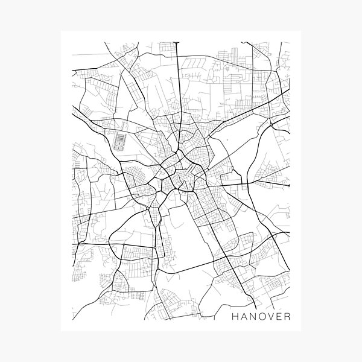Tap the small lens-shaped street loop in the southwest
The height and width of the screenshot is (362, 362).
(x=120, y=279)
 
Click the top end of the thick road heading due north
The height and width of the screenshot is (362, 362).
(x=178, y=43)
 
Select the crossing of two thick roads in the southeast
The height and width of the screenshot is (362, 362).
(x=228, y=256)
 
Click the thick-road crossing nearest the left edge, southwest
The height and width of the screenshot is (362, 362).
(x=77, y=244)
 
